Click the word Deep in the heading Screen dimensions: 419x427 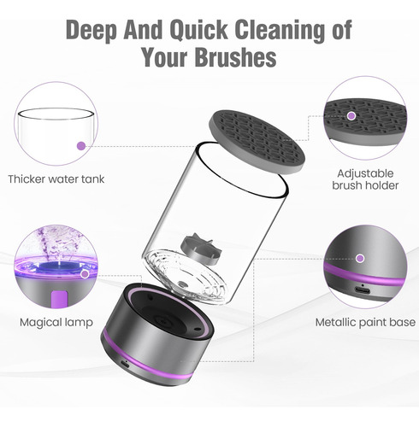(91, 30)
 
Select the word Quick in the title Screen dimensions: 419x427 (198, 30)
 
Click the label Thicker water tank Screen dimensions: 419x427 (56, 179)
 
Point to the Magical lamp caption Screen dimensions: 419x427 (56, 323)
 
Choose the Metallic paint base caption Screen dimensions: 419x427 (365, 322)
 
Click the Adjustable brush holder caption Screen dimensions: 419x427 (365, 179)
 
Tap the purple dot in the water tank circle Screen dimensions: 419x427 (81, 146)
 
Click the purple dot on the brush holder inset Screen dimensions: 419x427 (351, 116)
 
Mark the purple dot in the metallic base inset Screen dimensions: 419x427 (360, 259)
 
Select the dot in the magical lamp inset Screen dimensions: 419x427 (85, 274)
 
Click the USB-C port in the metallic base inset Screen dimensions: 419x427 (363, 290)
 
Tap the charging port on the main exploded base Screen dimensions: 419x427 (124, 364)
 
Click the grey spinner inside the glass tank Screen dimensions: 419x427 (201, 247)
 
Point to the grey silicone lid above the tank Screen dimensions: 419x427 (257, 142)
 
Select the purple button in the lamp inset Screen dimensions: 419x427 (59, 299)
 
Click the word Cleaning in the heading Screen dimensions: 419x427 (280, 30)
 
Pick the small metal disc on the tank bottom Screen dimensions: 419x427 (181, 284)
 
